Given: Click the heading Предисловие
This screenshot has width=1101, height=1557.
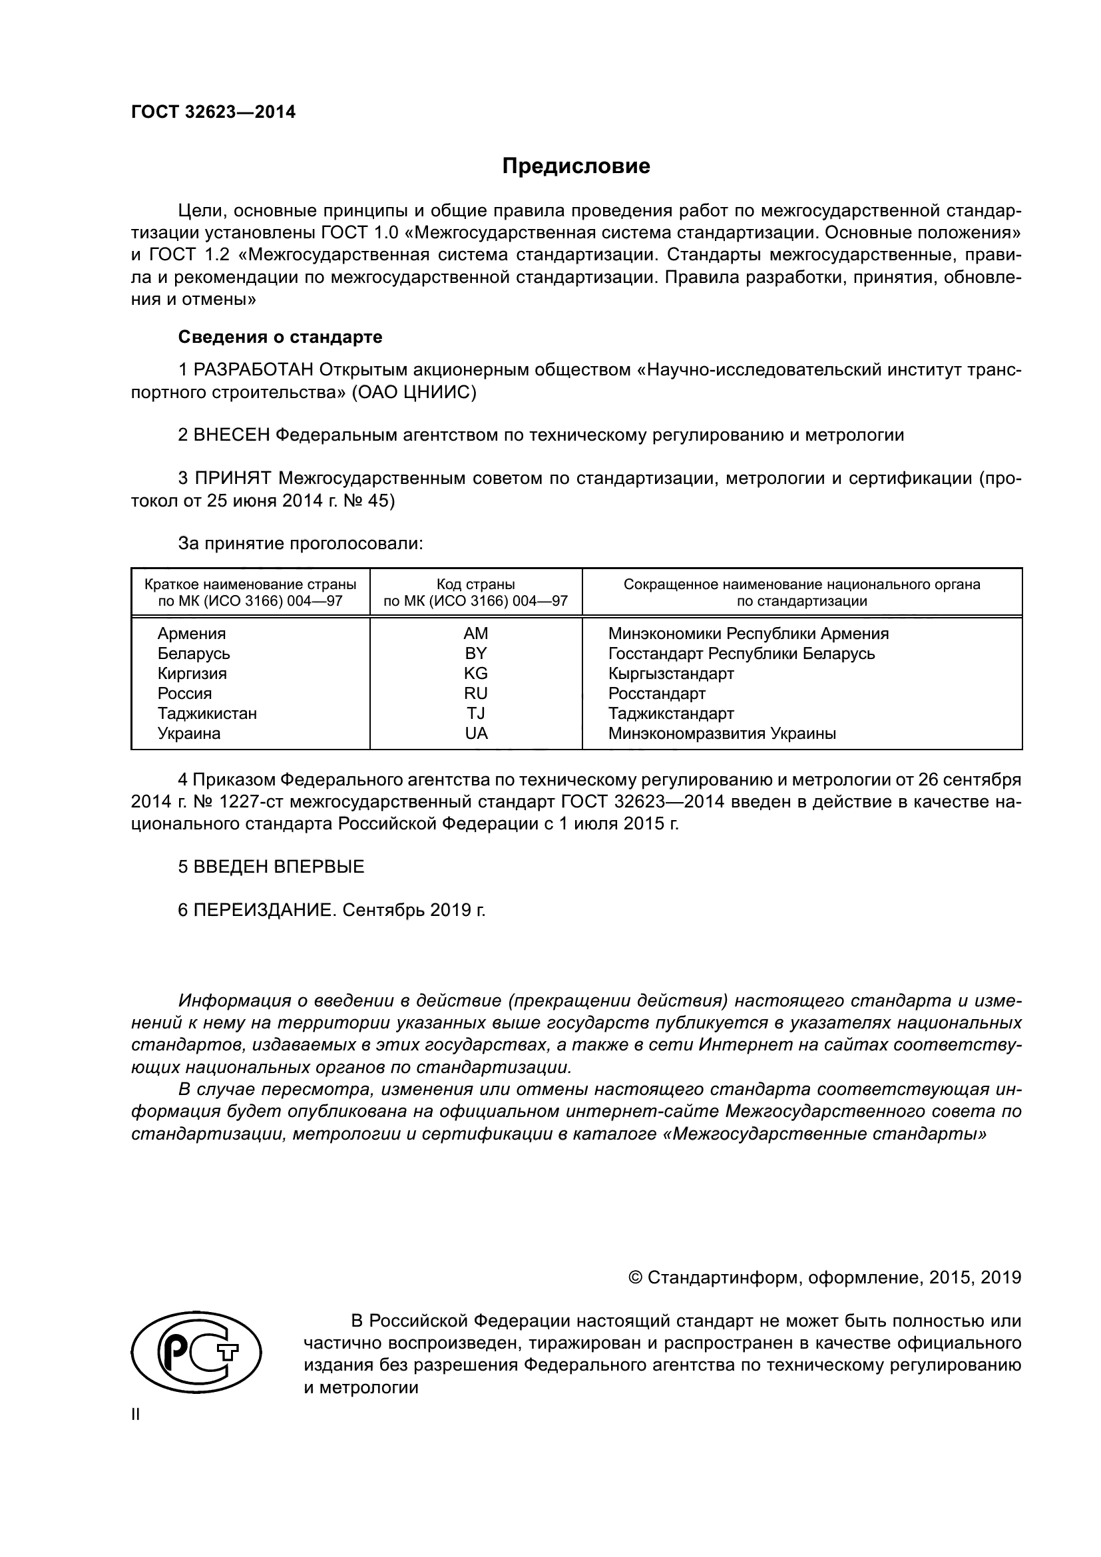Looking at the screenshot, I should click(576, 166).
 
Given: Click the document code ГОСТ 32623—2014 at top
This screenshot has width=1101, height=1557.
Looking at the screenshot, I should click(213, 112).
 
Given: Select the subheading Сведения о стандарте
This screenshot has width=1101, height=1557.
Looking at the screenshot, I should click(280, 337).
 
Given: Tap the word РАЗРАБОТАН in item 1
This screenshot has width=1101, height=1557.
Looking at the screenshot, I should click(254, 369).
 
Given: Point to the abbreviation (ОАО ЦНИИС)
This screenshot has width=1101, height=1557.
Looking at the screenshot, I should click(413, 393).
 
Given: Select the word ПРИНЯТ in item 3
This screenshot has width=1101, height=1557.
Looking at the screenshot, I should click(232, 478).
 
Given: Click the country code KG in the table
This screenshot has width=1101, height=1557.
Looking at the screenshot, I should click(475, 674).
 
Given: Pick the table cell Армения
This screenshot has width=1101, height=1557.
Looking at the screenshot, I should click(191, 633).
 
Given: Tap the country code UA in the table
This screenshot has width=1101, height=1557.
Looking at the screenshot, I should click(476, 733).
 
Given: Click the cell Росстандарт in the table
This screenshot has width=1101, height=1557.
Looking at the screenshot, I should click(656, 694).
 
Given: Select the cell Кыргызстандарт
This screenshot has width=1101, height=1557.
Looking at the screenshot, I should click(670, 674).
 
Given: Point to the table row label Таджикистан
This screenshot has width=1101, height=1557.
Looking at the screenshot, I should click(207, 714).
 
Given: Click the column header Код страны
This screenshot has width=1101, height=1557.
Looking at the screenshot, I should click(475, 584).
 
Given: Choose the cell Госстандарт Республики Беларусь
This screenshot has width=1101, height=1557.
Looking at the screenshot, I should click(741, 654).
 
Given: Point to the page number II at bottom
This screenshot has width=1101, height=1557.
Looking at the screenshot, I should click(136, 1415).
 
